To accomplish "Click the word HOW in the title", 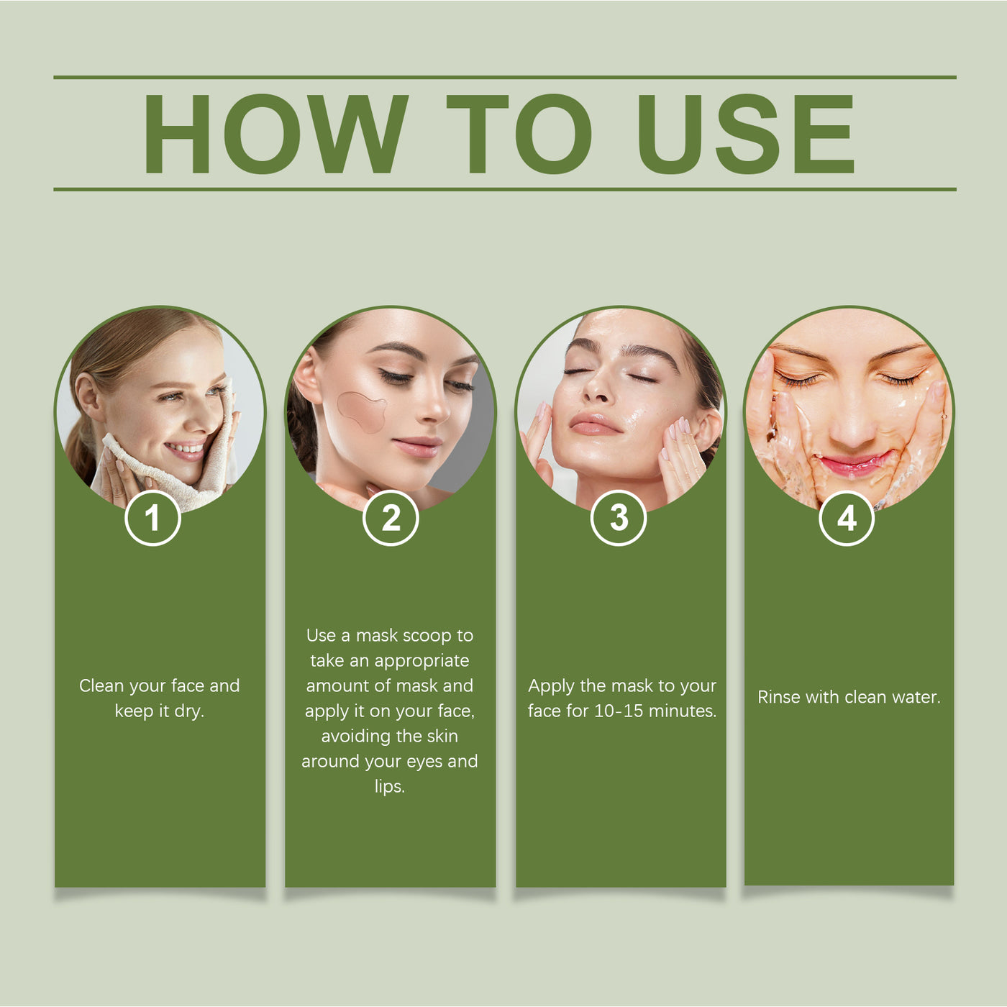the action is (x=275, y=134).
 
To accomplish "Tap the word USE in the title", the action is (x=746, y=134).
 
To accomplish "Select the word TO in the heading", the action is (x=519, y=134).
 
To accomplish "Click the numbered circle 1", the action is (x=152, y=519).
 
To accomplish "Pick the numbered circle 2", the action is (x=391, y=519).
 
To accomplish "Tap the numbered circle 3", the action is (x=618, y=519).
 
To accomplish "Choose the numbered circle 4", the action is (x=847, y=519).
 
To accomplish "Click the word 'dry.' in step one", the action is (x=188, y=712).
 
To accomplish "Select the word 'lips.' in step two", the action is (x=390, y=786).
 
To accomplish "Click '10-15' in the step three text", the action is (x=618, y=711).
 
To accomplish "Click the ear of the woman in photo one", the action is (x=87, y=396).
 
